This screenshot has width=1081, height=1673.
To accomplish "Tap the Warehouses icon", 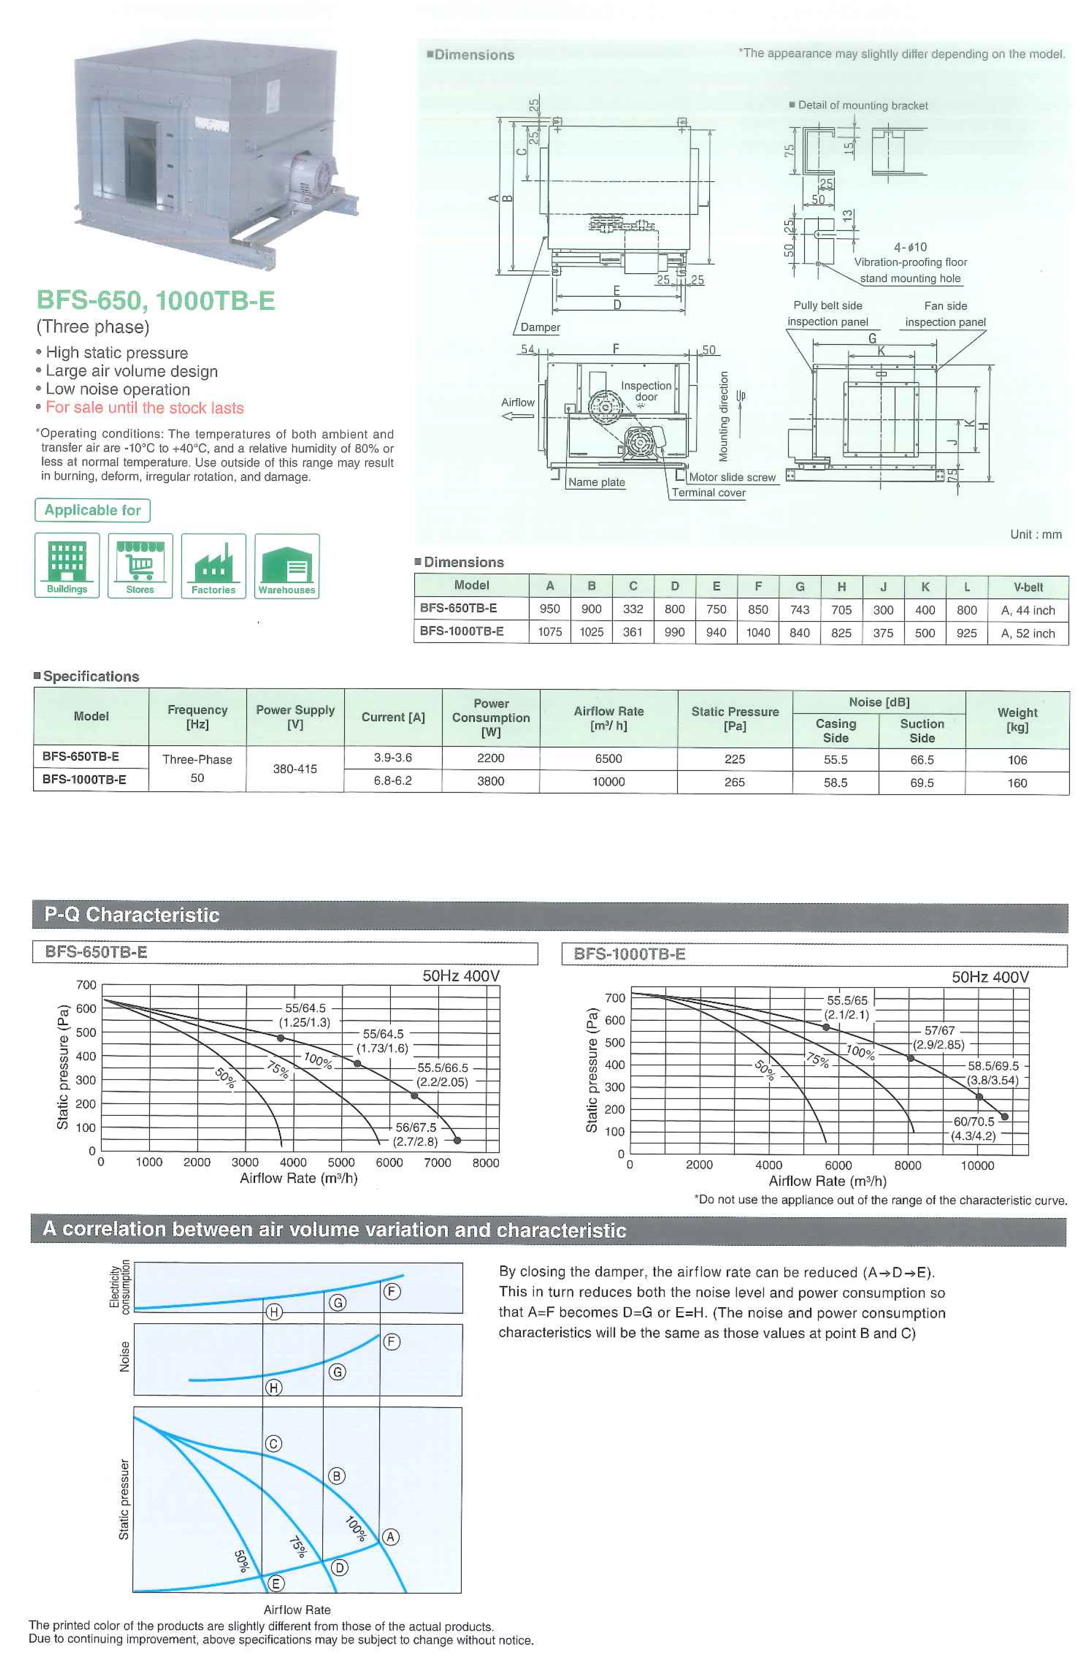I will tap(286, 565).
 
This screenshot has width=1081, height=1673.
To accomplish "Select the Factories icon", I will tap(213, 565).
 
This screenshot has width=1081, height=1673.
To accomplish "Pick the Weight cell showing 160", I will tap(1016, 782).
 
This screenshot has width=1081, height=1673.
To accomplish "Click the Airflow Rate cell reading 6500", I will tap(608, 758).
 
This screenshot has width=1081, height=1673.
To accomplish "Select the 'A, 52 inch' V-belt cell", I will tap(1027, 633).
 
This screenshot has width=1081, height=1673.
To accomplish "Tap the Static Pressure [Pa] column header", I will tap(734, 718).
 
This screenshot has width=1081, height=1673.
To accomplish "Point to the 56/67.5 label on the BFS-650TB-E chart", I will tap(416, 1128).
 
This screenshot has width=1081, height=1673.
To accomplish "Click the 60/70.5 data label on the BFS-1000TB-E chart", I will tap(973, 1122).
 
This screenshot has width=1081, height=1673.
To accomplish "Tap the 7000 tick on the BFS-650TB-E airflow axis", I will tap(437, 1163).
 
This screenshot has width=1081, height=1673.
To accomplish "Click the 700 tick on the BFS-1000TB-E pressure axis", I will tap(615, 997).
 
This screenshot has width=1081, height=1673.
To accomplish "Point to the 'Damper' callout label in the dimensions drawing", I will tap(540, 327).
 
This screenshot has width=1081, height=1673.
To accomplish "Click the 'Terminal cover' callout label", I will tap(708, 492).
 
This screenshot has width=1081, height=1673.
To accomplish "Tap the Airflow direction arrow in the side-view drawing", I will tap(517, 416).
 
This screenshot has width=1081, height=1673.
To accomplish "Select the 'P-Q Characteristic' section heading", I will tap(132, 915).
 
